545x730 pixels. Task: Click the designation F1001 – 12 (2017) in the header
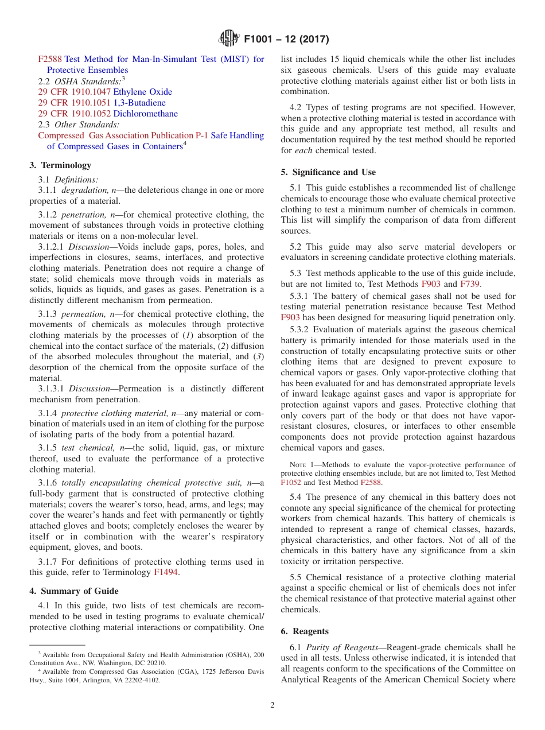click(286, 40)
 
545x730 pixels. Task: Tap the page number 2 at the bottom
click(272, 705)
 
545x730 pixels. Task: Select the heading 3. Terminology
click(60, 165)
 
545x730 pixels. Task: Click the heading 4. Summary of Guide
click(74, 591)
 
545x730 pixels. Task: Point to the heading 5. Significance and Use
click(328, 172)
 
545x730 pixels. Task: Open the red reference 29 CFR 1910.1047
click(75, 92)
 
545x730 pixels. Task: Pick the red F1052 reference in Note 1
click(291, 483)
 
